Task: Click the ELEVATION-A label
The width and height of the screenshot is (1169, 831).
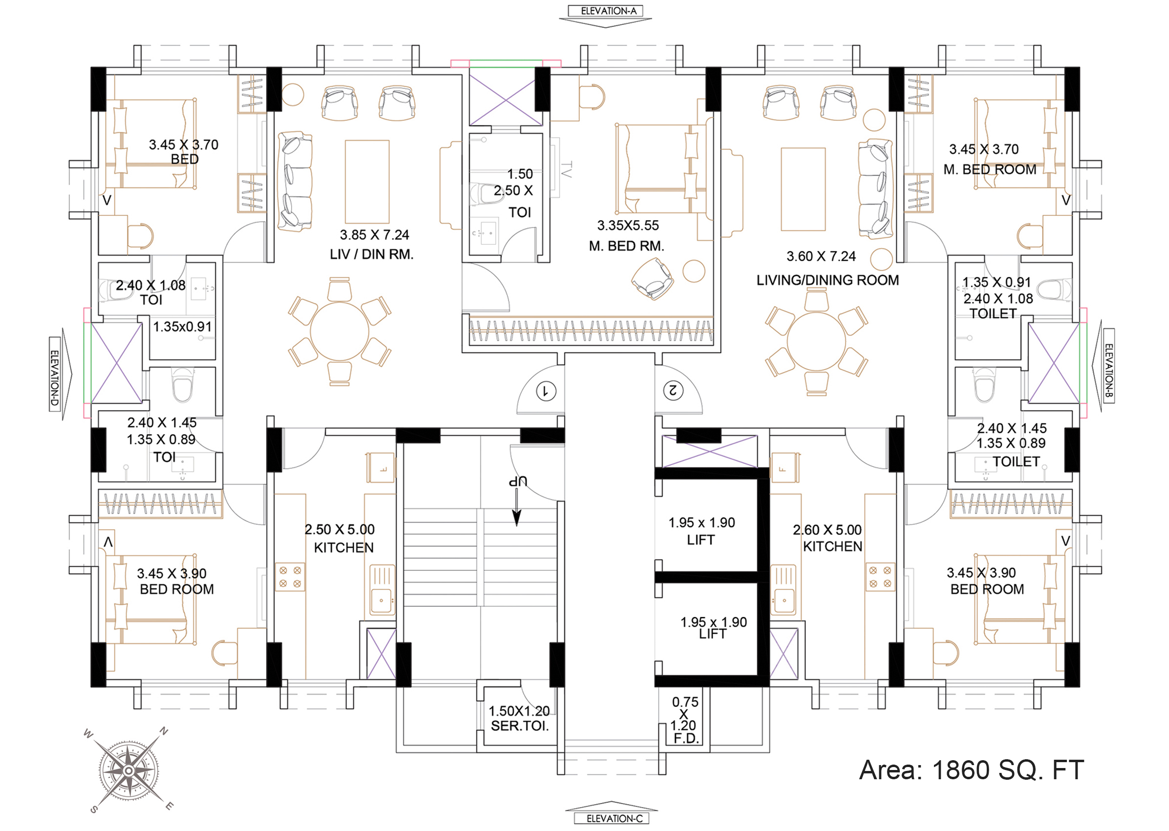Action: click(608, 11)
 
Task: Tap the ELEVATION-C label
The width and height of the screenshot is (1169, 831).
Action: click(614, 819)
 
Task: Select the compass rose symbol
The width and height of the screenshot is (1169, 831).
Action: click(129, 770)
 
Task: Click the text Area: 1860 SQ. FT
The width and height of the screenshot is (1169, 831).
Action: click(972, 770)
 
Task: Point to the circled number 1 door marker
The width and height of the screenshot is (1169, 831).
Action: click(546, 392)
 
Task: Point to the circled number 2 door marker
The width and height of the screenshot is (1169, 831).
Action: click(673, 391)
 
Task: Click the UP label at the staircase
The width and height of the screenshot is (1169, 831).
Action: click(518, 481)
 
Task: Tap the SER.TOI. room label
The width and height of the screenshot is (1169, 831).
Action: click(520, 726)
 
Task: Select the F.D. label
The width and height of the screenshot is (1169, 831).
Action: click(686, 738)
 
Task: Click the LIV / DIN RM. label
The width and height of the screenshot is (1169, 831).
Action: click(371, 254)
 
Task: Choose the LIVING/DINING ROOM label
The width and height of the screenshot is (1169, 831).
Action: click(827, 280)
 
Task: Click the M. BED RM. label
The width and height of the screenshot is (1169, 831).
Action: click(626, 246)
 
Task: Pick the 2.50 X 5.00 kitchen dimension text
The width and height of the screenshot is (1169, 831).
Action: click(340, 530)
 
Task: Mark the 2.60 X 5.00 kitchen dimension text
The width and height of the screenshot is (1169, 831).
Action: click(827, 530)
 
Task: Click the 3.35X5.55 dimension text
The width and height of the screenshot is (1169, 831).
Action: click(628, 226)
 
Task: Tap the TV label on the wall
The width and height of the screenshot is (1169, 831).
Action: click(566, 169)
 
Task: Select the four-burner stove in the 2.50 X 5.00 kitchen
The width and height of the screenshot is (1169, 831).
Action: click(290, 577)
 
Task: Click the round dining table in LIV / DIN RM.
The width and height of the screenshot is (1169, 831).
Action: click(339, 332)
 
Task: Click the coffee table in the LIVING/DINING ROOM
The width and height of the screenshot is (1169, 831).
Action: click(803, 189)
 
